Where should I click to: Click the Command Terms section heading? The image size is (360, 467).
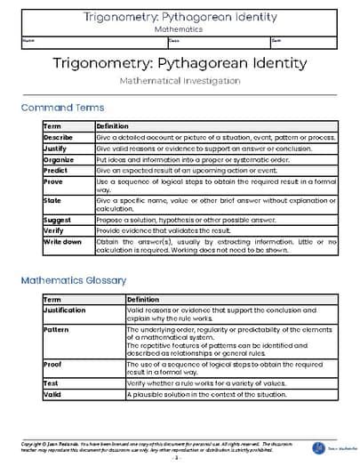click(62, 108)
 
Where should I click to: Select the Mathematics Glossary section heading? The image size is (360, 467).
click(76, 280)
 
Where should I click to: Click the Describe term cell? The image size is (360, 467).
click(59, 138)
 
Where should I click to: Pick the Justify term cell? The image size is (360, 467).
click(55, 149)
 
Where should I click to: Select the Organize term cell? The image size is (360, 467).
click(59, 159)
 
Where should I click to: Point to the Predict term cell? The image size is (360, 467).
click(56, 170)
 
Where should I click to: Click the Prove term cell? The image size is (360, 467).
click(53, 181)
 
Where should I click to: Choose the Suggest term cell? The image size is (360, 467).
click(58, 219)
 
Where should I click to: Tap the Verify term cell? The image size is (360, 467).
click(54, 229)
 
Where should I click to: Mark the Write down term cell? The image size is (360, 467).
click(63, 240)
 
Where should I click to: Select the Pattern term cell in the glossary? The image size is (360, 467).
click(56, 329)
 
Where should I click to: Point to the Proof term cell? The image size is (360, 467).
click(52, 365)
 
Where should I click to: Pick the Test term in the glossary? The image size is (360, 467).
click(51, 382)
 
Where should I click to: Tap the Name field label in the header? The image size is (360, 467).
click(30, 40)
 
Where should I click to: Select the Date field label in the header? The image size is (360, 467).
click(277, 40)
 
